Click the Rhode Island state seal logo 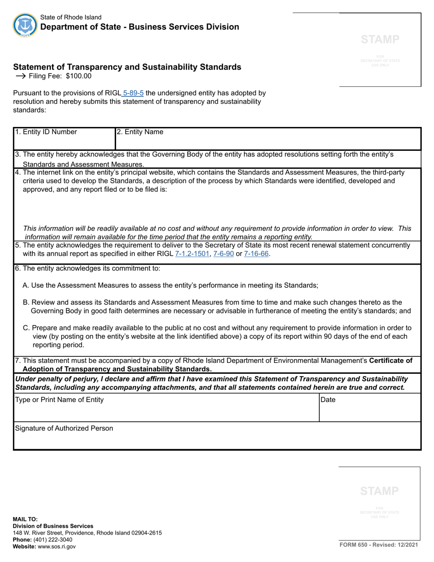click(x=25, y=25)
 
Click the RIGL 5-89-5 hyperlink click(x=133, y=93)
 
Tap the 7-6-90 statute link click(x=223, y=254)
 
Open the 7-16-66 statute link click(x=256, y=254)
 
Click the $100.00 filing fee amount click(x=79, y=76)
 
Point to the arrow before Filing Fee click(x=20, y=76)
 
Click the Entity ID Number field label click(x=46, y=132)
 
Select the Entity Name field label click(x=140, y=132)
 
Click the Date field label click(x=328, y=400)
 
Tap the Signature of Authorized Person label click(x=64, y=428)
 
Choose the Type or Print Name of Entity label click(x=59, y=400)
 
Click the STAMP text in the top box click(x=380, y=39)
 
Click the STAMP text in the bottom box click(x=379, y=491)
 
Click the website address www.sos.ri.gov click(x=57, y=546)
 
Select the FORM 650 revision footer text click(x=379, y=545)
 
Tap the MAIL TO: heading click(x=26, y=519)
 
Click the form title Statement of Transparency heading click(x=127, y=67)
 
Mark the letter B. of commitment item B click(x=26, y=302)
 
